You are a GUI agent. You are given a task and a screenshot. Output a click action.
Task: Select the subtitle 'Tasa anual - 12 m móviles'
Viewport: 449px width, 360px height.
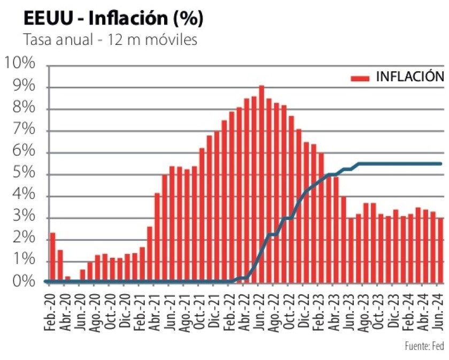(110, 41)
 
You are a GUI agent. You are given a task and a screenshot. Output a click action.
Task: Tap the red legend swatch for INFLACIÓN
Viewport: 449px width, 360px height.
(360, 78)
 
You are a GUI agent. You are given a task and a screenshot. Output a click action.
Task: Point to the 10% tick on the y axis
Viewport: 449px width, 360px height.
(20, 64)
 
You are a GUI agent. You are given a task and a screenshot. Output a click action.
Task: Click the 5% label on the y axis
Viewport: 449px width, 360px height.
(23, 173)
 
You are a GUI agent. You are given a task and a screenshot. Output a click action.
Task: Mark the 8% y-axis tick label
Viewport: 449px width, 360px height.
(23, 109)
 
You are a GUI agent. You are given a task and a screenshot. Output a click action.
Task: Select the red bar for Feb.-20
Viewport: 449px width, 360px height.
(52, 257)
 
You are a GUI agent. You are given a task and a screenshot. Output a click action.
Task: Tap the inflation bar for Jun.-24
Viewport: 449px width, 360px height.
(440, 250)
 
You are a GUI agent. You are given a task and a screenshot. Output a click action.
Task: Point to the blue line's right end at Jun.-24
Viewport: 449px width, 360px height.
(441, 164)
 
